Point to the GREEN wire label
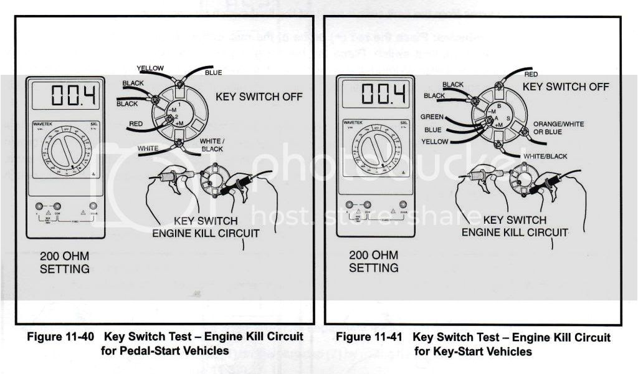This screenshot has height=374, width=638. pyautogui.click(x=432, y=117)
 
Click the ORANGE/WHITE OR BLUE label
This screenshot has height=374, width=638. pyautogui.click(x=557, y=128)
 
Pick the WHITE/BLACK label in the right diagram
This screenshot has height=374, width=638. pyautogui.click(x=546, y=156)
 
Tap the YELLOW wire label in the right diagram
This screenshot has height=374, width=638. pyautogui.click(x=434, y=141)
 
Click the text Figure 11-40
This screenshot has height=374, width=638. pyautogui.click(x=60, y=337)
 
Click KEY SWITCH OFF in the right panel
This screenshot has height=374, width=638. pyautogui.click(x=565, y=87)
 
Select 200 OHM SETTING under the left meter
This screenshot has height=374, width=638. pyautogui.click(x=65, y=262)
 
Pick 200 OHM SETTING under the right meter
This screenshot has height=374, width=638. pyautogui.click(x=374, y=261)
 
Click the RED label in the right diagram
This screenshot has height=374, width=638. pyautogui.click(x=531, y=75)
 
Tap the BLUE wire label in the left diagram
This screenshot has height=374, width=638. pyautogui.click(x=213, y=73)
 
